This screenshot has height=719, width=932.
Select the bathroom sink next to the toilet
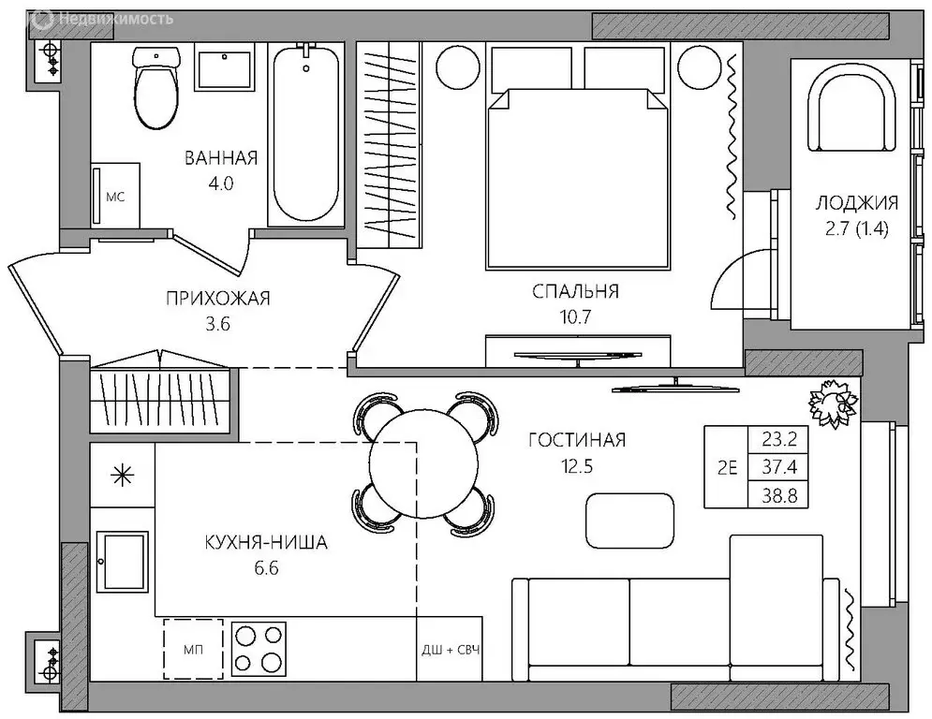coord(226,69)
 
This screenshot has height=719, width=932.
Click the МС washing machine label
coord(115,197)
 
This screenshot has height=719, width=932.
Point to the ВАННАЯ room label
coord(221,158)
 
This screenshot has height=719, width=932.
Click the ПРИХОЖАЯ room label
coord(217,298)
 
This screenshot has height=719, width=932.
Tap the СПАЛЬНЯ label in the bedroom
coord(575,291)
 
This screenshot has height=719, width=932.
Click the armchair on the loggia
coord(851,109)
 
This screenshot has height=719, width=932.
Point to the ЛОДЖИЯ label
coord(856,203)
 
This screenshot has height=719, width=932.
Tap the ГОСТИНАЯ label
coord(577,440)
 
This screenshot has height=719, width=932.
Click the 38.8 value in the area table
coord(779,495)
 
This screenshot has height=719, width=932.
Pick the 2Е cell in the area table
coord(727,468)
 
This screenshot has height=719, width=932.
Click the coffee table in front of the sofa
coord(630,521)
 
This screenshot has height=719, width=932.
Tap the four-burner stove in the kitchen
coord(259,649)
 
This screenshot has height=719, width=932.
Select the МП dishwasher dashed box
coord(193,649)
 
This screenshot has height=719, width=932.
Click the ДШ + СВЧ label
coord(451,650)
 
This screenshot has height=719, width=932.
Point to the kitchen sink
coord(123,561)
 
